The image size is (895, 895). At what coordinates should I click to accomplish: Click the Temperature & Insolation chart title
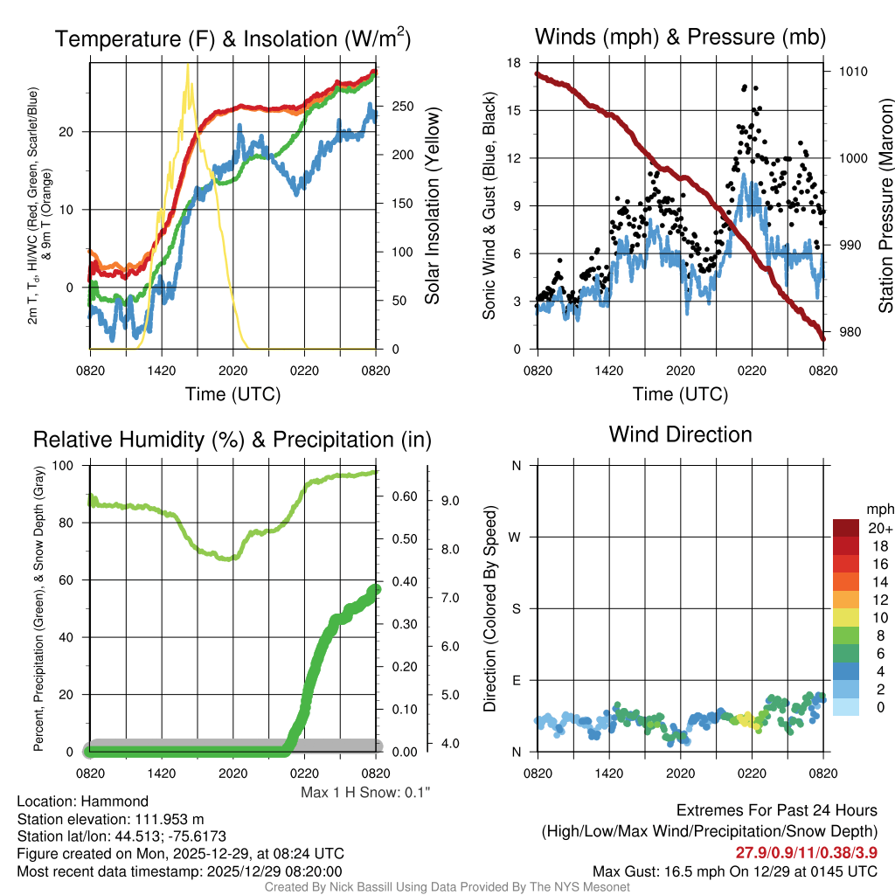click(232, 38)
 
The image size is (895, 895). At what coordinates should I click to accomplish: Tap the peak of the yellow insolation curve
click(187, 66)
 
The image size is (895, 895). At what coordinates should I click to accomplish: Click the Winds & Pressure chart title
click(680, 37)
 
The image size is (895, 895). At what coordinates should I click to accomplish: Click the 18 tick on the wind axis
click(514, 63)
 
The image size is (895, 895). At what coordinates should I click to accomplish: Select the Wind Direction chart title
click(680, 434)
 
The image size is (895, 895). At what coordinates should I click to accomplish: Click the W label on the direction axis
click(516, 537)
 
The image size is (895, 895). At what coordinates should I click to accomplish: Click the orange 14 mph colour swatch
click(846, 582)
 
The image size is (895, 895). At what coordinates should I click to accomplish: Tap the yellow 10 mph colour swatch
click(846, 617)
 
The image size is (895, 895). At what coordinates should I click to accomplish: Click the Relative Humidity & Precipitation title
click(232, 440)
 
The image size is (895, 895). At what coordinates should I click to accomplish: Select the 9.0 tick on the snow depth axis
click(450, 502)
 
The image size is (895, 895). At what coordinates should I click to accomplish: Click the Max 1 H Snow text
click(365, 792)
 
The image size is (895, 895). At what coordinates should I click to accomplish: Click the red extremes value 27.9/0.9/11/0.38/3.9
click(806, 852)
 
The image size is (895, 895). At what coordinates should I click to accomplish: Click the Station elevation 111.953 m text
click(110, 819)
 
